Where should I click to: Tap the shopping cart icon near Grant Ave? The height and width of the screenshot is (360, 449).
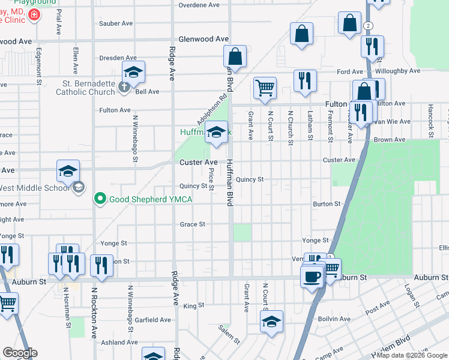coord(265,88)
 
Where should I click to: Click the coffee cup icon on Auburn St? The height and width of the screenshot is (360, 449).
coord(312,277)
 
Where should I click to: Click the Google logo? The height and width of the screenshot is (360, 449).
coord(20,353)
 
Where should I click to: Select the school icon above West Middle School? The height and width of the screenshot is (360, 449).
coord(68,171)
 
